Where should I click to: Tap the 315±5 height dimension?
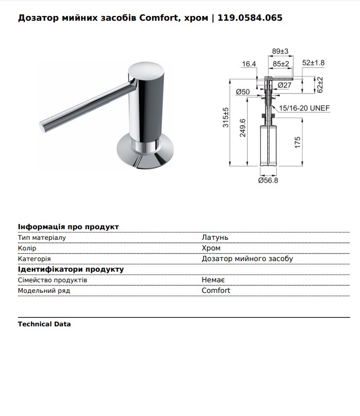pyautogui.click(x=225, y=118)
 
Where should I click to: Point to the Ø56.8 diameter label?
pyautogui.click(x=268, y=180)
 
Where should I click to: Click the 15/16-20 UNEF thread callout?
pyautogui.click(x=305, y=108)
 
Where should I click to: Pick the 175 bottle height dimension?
pyautogui.click(x=298, y=142)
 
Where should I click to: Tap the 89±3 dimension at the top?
pyautogui.click(x=280, y=51)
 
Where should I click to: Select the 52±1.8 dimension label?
pyautogui.click(x=313, y=63)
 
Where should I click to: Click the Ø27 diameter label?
pyautogui.click(x=284, y=85)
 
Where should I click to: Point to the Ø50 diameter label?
pyautogui.click(x=243, y=92)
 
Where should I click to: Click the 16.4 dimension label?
pyautogui.click(x=249, y=64)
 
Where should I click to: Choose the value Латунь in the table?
pyautogui.click(x=215, y=238)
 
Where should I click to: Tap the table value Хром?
pyautogui.click(x=211, y=248)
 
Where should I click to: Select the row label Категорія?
pyautogui.click(x=34, y=259)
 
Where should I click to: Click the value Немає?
pyautogui.click(x=213, y=280)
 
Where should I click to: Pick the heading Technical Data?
pyautogui.click(x=44, y=324)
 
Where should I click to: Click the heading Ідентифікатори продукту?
pyautogui.click(x=71, y=270)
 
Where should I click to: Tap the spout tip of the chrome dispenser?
pyautogui.click(x=43, y=126)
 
